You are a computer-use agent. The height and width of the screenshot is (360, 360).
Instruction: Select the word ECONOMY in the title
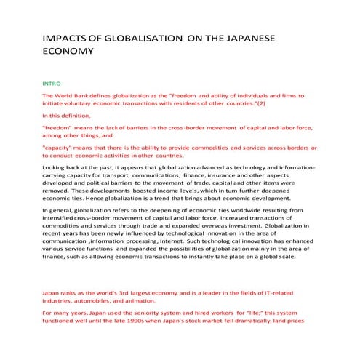pos(71,53)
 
